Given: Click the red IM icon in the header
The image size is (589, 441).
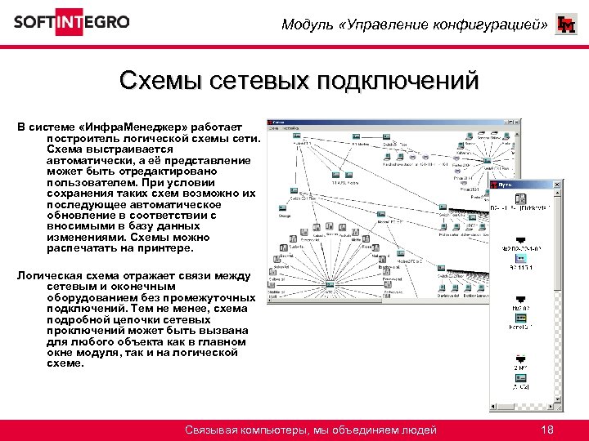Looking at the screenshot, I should (565, 25).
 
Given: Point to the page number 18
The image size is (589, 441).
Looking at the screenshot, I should (547, 430).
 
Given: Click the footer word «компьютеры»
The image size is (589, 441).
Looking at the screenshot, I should (271, 430).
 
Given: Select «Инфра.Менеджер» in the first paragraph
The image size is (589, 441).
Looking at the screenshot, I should (131, 128).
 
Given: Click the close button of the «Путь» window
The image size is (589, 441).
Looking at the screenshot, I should (559, 186).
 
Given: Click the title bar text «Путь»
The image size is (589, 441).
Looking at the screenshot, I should (507, 186).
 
